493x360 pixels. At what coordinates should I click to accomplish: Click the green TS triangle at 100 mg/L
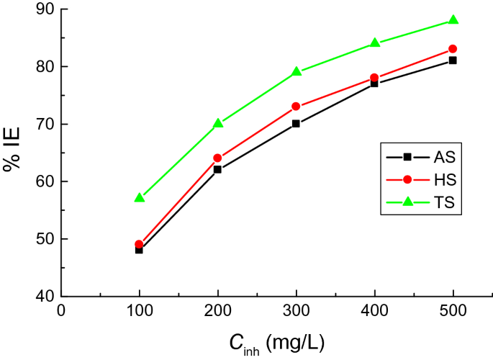pyautogui.click(x=140, y=197)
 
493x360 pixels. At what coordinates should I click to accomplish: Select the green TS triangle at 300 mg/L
pyautogui.click(x=296, y=71)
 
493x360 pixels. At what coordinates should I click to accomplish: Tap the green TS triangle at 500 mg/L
pyautogui.click(x=453, y=19)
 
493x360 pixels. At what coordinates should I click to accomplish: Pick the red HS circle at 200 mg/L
pyautogui.click(x=217, y=158)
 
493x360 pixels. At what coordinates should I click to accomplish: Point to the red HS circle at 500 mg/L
pyautogui.click(x=453, y=49)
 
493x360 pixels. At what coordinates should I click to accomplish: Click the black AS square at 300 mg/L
pyautogui.click(x=296, y=124)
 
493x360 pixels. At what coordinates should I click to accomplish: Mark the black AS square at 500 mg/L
pyautogui.click(x=453, y=60)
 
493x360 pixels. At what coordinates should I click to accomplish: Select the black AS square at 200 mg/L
pyautogui.click(x=217, y=170)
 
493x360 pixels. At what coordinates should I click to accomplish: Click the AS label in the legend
pyautogui.click(x=444, y=156)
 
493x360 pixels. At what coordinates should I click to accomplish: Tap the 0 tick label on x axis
pyautogui.click(x=61, y=310)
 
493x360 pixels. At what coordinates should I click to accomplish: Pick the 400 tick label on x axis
pyautogui.click(x=374, y=310)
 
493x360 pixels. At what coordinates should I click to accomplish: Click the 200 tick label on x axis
pyautogui.click(x=217, y=310)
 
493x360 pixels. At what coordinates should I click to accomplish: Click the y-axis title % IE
pyautogui.click(x=12, y=153)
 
